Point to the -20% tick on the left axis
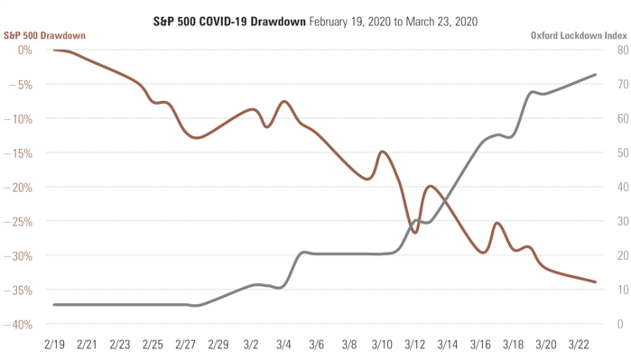[20, 187]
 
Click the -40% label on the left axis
[20, 324]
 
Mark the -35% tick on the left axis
[20, 290]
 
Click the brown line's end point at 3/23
[596, 282]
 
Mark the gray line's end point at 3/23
[596, 74]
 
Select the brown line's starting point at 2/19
[54, 50]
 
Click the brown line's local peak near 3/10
[382, 152]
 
